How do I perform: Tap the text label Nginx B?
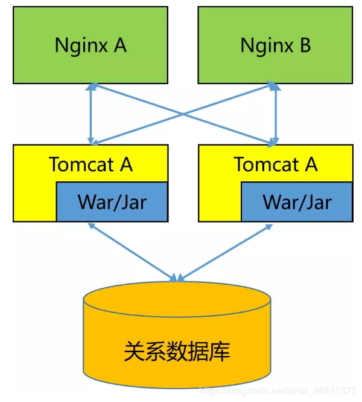(x=276, y=45)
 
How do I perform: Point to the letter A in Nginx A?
(x=120, y=45)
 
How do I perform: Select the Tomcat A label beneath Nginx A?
(x=91, y=164)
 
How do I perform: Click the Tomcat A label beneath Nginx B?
(x=276, y=164)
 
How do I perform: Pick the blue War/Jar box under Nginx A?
(x=112, y=201)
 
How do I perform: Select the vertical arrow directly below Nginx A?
(x=91, y=114)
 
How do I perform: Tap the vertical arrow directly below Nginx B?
(x=276, y=114)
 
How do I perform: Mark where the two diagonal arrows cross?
(x=183, y=114)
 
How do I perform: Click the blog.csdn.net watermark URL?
(x=278, y=392)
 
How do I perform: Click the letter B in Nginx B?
(x=305, y=45)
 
